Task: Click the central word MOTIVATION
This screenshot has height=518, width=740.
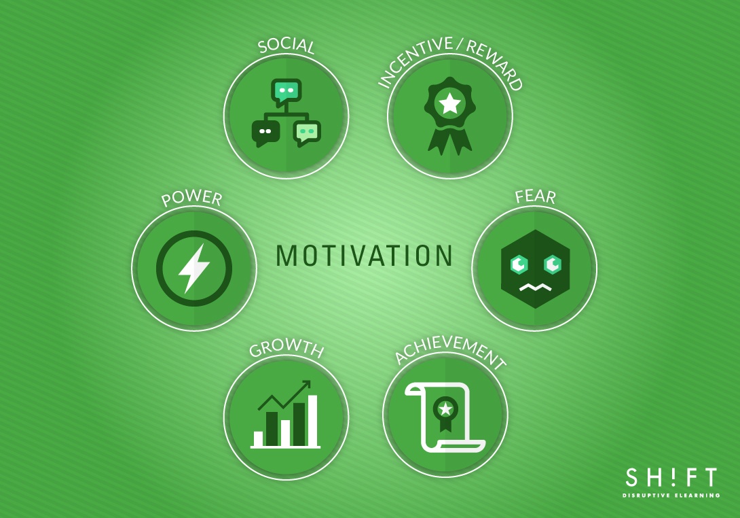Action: (365, 256)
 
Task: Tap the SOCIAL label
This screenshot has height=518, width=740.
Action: (286, 46)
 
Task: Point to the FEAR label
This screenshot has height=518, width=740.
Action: (535, 198)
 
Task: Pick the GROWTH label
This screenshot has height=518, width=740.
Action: (286, 349)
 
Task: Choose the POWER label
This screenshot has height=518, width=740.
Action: (191, 198)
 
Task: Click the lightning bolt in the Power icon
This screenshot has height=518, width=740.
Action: (193, 268)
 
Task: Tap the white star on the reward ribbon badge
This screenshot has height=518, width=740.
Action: (449, 103)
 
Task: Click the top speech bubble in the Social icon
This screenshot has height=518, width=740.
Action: (286, 91)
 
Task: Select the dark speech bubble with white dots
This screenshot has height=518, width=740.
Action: (265, 132)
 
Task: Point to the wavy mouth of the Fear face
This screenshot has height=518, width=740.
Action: (535, 288)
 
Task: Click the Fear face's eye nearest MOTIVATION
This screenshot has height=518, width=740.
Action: (519, 263)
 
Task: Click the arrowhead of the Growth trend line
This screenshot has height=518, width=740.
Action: (306, 385)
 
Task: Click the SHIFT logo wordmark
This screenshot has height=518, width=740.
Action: (671, 478)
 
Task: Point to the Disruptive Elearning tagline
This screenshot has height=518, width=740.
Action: (671, 496)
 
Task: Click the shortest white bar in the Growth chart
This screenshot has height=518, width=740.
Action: (258, 438)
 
